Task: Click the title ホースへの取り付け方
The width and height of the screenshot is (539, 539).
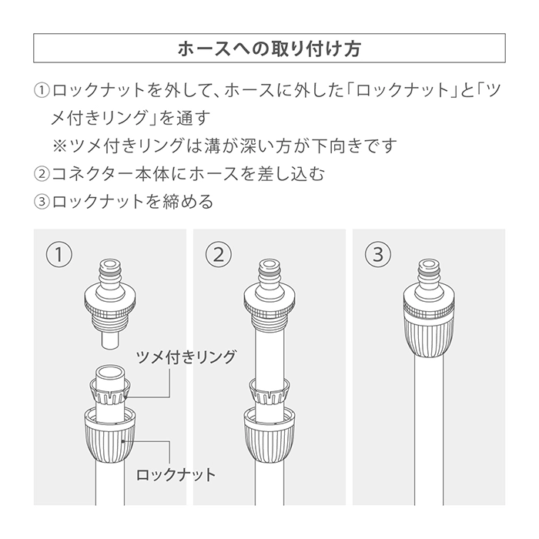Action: (x=269, y=49)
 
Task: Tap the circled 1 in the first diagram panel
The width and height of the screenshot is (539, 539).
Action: (x=59, y=255)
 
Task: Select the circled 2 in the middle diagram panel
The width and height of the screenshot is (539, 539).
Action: (x=219, y=255)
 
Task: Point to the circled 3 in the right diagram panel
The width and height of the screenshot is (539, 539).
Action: (x=378, y=255)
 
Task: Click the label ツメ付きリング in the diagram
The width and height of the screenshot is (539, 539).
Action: (x=186, y=357)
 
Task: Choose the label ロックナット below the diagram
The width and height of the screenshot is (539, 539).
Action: (x=176, y=475)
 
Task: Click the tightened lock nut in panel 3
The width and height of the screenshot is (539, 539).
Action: (x=429, y=336)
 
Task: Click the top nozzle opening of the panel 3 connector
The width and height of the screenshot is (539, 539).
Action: (x=429, y=264)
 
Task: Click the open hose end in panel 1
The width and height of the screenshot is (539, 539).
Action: (x=110, y=372)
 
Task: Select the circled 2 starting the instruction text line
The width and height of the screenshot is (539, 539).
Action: (x=42, y=173)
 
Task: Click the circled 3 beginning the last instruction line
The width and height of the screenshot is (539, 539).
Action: (x=42, y=202)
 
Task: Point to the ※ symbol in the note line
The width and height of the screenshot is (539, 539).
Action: (x=59, y=146)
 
